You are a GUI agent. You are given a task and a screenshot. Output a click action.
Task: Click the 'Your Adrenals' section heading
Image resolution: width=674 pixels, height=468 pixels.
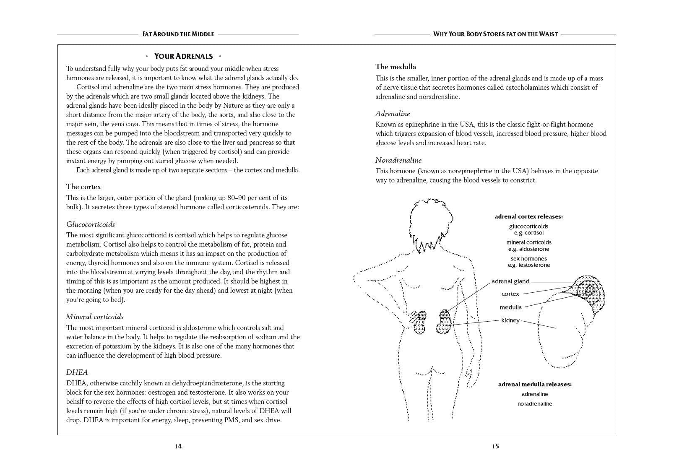(x=183, y=56)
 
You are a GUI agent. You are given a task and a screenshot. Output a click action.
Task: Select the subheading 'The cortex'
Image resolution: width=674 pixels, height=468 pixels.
(x=83, y=187)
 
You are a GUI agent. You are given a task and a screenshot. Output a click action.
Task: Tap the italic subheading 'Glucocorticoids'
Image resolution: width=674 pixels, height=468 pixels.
(x=90, y=224)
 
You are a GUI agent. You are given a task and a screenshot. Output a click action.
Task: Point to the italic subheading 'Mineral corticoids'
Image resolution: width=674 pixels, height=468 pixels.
(x=95, y=317)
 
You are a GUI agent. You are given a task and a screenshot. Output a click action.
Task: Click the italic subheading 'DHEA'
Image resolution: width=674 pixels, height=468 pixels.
(x=77, y=372)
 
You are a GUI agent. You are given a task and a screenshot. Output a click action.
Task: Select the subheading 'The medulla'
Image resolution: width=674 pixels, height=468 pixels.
(x=396, y=67)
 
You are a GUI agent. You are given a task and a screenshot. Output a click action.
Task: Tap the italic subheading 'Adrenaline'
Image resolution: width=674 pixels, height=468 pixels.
(x=393, y=114)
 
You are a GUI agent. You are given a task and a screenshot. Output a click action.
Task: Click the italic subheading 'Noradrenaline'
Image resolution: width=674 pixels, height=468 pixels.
(x=398, y=160)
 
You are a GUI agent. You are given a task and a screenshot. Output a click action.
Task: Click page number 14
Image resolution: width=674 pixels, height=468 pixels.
(x=178, y=446)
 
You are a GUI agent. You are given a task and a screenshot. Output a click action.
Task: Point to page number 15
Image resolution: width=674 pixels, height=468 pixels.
(x=495, y=446)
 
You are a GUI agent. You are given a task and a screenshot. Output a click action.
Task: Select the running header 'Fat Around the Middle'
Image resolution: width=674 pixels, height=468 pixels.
(x=178, y=34)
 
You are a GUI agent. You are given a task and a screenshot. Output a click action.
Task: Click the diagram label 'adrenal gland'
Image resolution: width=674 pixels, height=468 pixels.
(x=510, y=281)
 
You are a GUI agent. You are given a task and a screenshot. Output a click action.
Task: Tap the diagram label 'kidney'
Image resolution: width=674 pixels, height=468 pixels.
(x=510, y=320)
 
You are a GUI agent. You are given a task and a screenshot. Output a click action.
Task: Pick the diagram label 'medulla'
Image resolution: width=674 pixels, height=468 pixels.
(x=510, y=307)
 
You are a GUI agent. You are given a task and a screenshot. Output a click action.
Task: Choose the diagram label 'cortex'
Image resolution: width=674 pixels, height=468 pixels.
(x=510, y=294)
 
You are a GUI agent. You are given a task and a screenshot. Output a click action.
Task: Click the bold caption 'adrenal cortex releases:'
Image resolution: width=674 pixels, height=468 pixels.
(x=528, y=217)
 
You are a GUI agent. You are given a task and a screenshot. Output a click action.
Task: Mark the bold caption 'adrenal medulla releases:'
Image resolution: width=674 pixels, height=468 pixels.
(x=535, y=384)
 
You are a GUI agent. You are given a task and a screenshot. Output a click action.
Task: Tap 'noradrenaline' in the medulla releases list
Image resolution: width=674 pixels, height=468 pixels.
(x=535, y=404)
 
